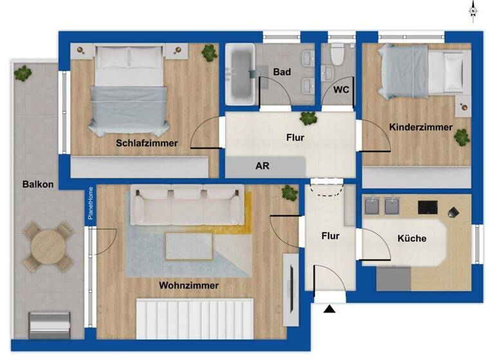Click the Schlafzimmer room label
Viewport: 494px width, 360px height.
(147, 143)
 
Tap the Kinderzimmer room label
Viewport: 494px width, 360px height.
(421, 127)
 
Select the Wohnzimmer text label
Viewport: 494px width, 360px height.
(188, 285)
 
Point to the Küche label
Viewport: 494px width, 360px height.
(412, 239)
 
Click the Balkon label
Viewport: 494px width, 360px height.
(37, 184)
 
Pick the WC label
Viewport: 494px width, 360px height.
(341, 90)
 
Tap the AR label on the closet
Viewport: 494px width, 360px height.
(262, 165)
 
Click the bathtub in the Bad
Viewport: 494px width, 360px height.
(241, 75)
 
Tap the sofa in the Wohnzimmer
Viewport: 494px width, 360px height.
(187, 204)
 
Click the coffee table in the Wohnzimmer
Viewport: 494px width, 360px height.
(189, 245)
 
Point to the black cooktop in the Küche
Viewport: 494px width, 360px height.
(428, 207)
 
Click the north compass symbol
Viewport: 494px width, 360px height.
(473, 11)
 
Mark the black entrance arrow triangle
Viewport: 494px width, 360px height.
(329, 310)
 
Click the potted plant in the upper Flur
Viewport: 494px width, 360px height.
(308, 118)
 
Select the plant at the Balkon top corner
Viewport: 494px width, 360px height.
(24, 73)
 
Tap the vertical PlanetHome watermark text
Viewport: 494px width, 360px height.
(91, 203)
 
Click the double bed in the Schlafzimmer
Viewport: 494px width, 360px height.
(129, 90)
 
